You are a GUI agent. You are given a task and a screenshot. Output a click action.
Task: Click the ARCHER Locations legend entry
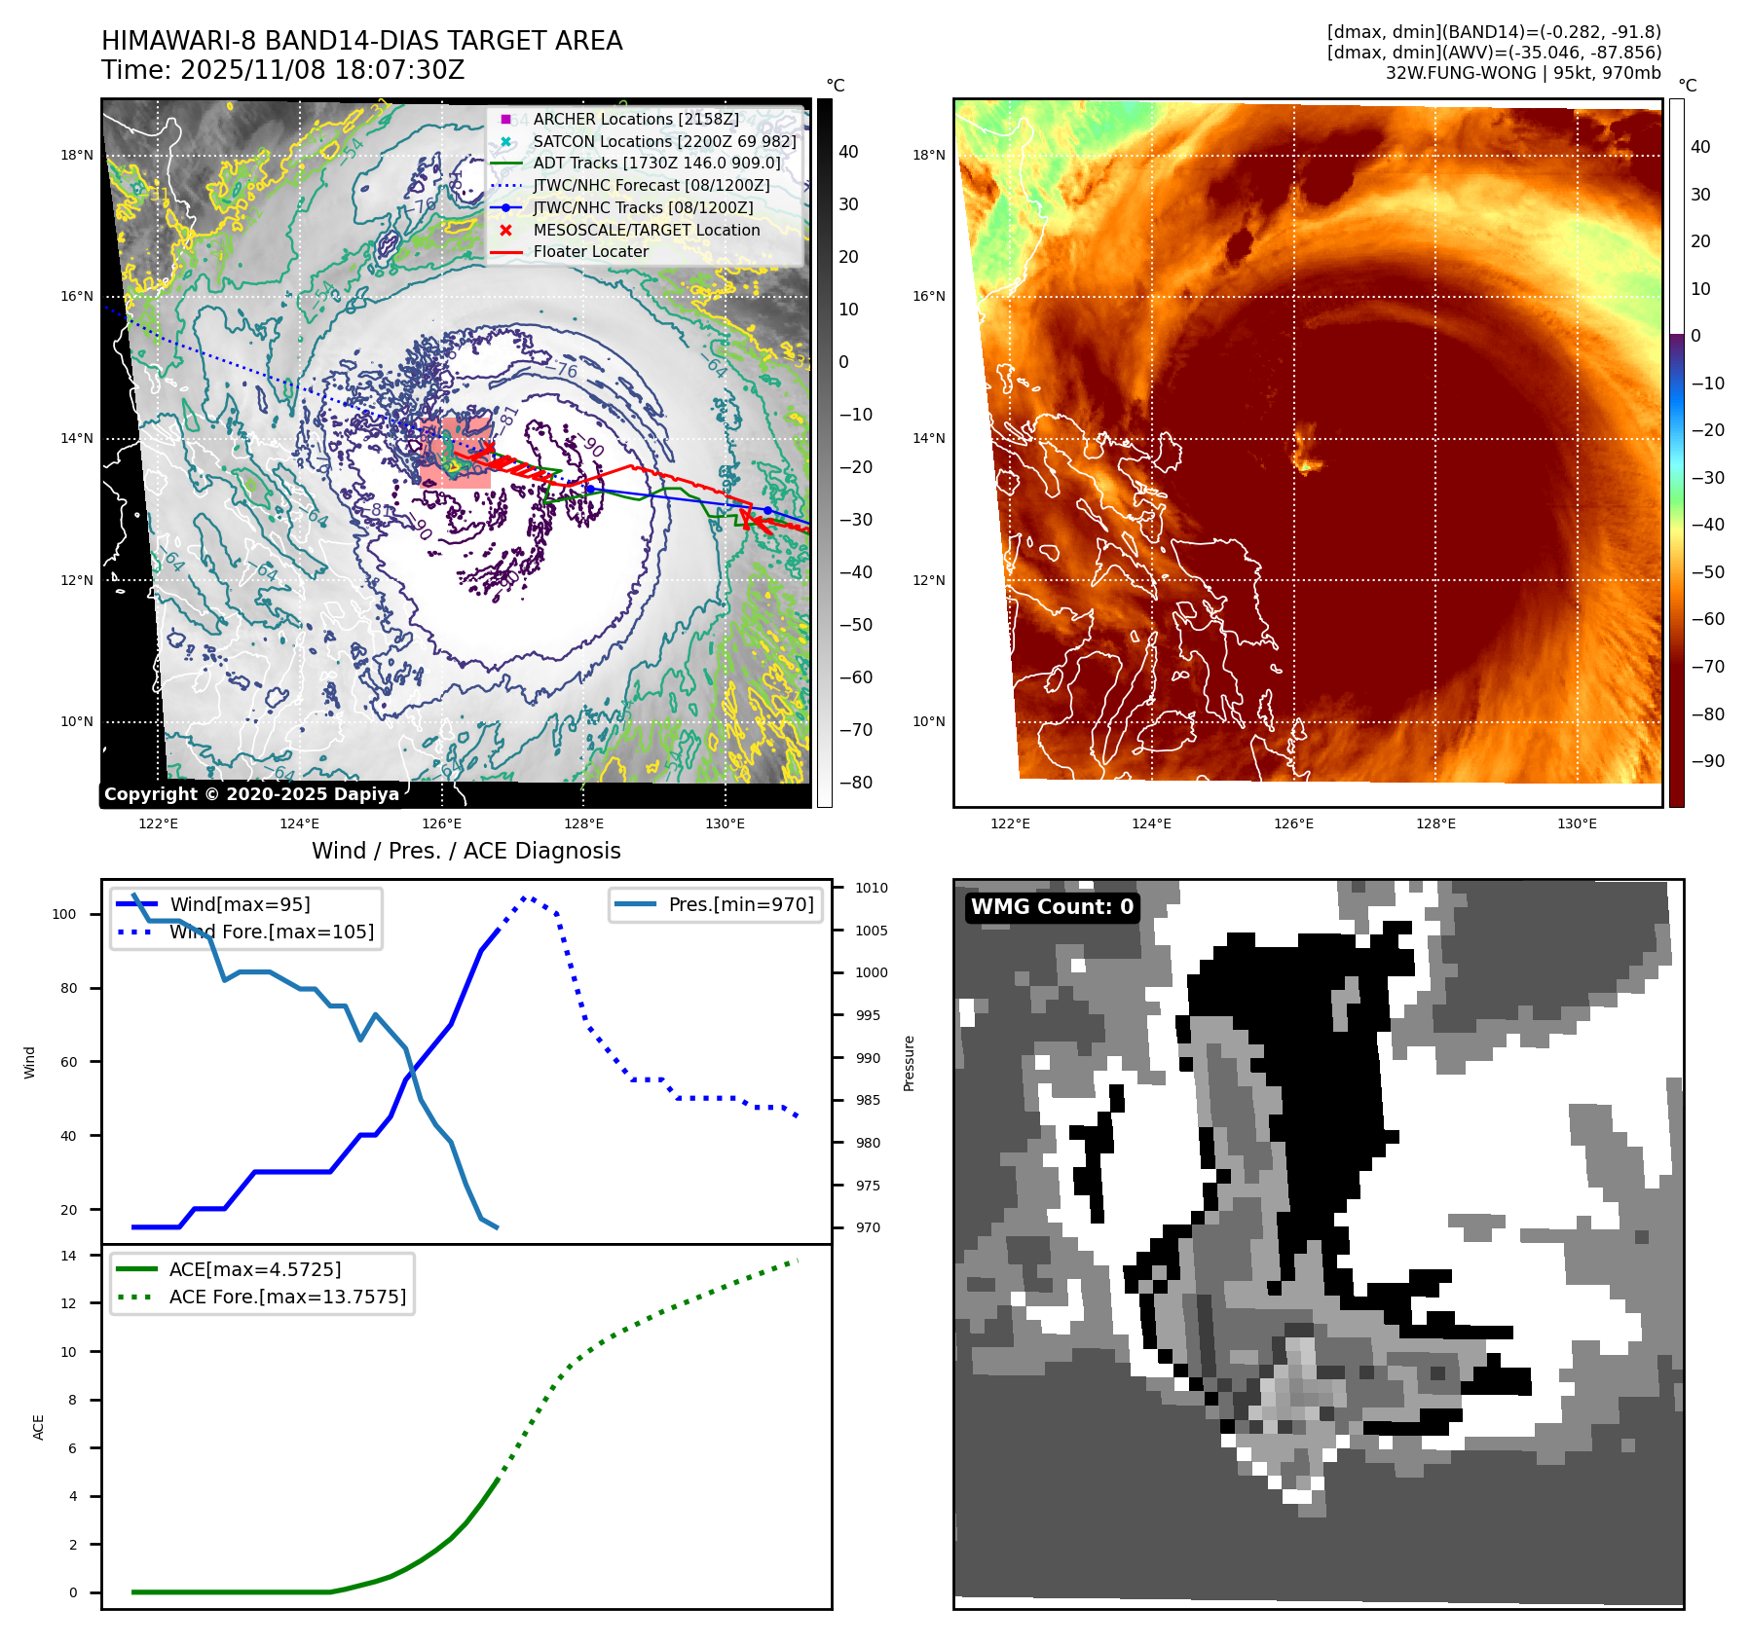(635, 119)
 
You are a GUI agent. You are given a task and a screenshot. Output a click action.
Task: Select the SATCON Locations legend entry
(664, 141)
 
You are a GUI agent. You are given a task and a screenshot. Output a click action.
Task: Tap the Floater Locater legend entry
(590, 251)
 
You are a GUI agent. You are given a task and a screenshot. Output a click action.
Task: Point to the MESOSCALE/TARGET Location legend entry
(646, 230)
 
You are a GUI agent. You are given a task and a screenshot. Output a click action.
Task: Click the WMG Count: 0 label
(1052, 907)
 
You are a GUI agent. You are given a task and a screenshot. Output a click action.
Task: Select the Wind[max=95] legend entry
(240, 904)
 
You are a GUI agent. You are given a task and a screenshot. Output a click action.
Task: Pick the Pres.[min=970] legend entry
(740, 904)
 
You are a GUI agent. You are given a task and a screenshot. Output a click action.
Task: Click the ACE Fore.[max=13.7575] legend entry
(287, 1297)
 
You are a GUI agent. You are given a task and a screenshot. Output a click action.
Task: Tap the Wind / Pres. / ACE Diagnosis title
(465, 851)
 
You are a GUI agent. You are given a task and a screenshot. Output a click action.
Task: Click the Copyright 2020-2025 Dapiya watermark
(251, 794)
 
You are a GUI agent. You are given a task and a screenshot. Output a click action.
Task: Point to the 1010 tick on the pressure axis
(872, 888)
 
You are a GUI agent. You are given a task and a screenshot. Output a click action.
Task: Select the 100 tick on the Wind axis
(64, 914)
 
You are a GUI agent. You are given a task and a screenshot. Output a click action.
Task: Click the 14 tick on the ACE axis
(68, 1256)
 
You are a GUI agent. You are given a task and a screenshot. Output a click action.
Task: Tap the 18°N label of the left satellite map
(77, 155)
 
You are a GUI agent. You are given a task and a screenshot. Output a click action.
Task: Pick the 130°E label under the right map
(1577, 823)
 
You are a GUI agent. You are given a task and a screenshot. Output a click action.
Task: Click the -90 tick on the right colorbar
(1707, 761)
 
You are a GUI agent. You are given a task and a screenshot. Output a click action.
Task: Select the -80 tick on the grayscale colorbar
(856, 783)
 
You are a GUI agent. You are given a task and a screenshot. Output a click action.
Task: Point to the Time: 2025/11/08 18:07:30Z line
(282, 70)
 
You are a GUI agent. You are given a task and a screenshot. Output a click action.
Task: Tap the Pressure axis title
(909, 1063)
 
